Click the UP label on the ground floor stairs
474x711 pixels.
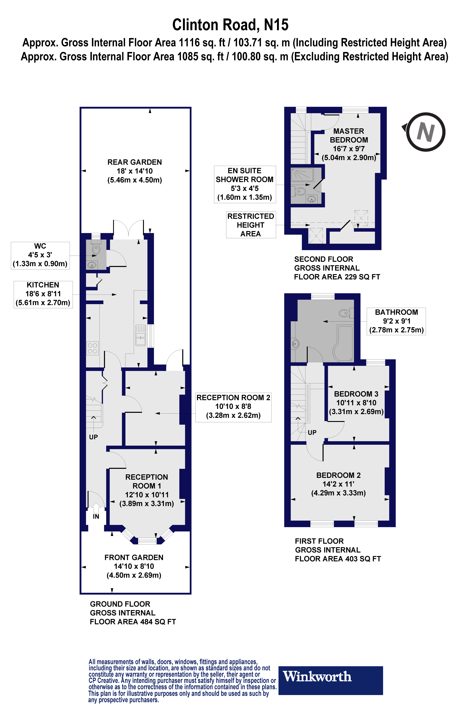[93, 437]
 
